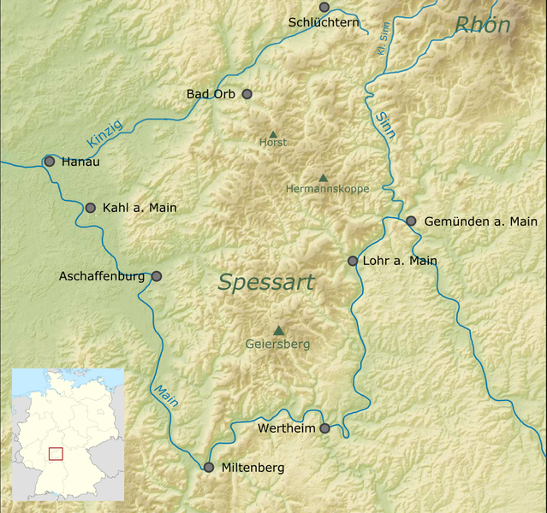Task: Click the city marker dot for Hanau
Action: point(50,161)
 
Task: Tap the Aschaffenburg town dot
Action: point(156,276)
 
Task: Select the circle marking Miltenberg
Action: point(208,467)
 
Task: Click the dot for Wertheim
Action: point(324,428)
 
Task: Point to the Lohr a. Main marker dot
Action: point(353,261)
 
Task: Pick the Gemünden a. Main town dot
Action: point(411,221)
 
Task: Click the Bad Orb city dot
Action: point(247,93)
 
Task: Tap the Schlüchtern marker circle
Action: point(324,7)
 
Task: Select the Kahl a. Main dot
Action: point(91,207)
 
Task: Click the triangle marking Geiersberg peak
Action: point(278,331)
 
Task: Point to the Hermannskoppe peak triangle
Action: point(323,178)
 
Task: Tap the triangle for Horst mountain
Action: point(273,134)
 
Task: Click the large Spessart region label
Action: point(266,282)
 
